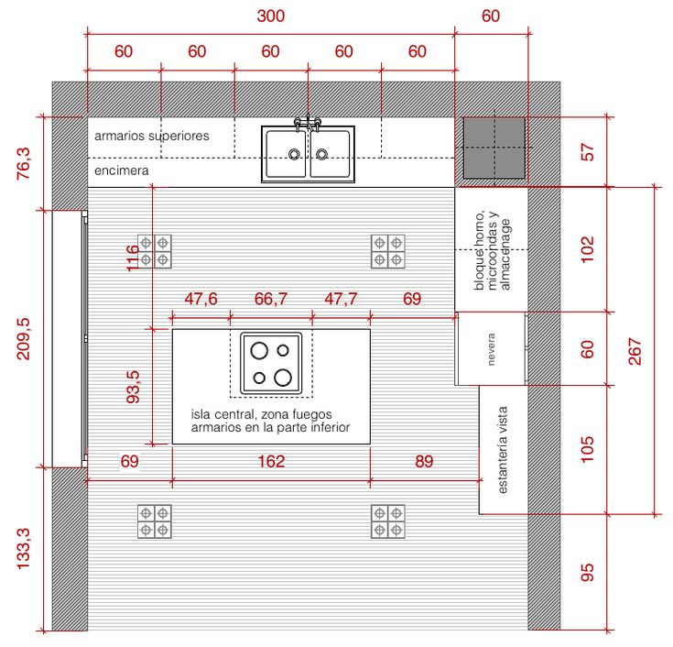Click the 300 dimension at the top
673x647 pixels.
point(271,16)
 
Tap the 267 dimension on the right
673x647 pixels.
point(635,351)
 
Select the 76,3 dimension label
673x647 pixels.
point(24,163)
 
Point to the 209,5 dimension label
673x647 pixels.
point(24,338)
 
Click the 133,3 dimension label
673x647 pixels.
point(24,549)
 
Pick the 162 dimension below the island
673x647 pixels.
point(271,461)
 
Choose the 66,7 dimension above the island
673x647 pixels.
point(271,299)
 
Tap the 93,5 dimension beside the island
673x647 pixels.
point(133,387)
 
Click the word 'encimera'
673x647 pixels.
point(122,170)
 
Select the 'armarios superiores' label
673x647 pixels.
point(152,136)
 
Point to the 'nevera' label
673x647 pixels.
point(492,349)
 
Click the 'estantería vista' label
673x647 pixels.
point(503,450)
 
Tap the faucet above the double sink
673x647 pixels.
point(308,124)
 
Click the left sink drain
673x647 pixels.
point(294,154)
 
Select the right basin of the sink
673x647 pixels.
point(330,154)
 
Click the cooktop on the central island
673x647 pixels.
point(271,364)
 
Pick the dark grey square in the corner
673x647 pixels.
point(494,148)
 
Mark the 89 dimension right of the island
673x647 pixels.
point(424,461)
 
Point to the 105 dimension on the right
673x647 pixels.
point(587,449)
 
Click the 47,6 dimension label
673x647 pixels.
point(201,299)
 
